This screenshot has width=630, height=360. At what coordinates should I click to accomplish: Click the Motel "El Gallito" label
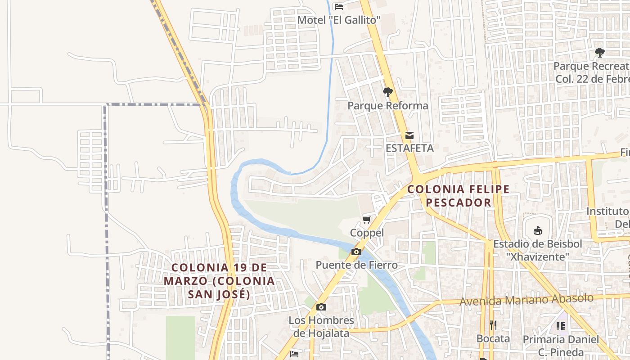point(339,20)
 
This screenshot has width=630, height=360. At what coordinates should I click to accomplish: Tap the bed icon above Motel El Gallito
point(339,6)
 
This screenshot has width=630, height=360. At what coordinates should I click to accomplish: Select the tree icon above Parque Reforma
point(387,93)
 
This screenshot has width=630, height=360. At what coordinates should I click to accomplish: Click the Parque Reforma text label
point(387,106)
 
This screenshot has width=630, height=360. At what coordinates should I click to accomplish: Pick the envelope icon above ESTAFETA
point(409,135)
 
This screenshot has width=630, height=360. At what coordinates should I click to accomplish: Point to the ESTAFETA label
point(409,148)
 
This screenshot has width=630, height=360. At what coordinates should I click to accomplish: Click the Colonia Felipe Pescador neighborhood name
point(458,196)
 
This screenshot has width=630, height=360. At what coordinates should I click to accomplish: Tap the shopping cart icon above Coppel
point(367,220)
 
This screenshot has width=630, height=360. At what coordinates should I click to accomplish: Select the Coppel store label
point(367,233)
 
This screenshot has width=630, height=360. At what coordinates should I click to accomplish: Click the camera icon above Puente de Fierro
point(356,252)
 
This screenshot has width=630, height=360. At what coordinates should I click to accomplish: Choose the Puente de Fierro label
point(356,265)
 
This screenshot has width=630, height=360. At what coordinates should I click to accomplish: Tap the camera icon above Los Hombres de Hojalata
point(321,307)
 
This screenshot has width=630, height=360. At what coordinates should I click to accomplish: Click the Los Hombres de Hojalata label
point(321,327)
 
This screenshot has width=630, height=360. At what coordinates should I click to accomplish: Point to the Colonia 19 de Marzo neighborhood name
point(219,281)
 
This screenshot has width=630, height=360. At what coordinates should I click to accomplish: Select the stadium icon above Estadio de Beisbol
point(537,231)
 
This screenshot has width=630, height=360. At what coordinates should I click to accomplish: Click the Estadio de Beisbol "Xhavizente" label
point(537,250)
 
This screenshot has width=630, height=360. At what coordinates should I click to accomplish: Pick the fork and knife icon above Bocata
point(493,325)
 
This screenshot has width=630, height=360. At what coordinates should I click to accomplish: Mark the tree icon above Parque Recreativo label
point(599,53)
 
